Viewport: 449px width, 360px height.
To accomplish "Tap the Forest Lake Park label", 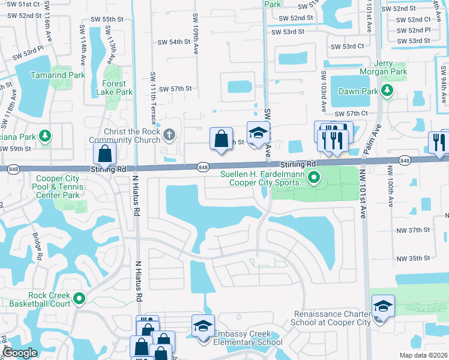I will pos(118,88).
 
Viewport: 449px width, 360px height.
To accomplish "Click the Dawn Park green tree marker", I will pos(388,91).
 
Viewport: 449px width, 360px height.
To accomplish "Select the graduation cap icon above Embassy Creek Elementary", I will pos(203,326).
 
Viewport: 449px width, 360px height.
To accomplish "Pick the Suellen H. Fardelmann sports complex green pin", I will pos(313,178).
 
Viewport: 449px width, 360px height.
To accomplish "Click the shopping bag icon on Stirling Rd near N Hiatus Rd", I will pos(104,154).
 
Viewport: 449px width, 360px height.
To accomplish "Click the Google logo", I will pos(20,353).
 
